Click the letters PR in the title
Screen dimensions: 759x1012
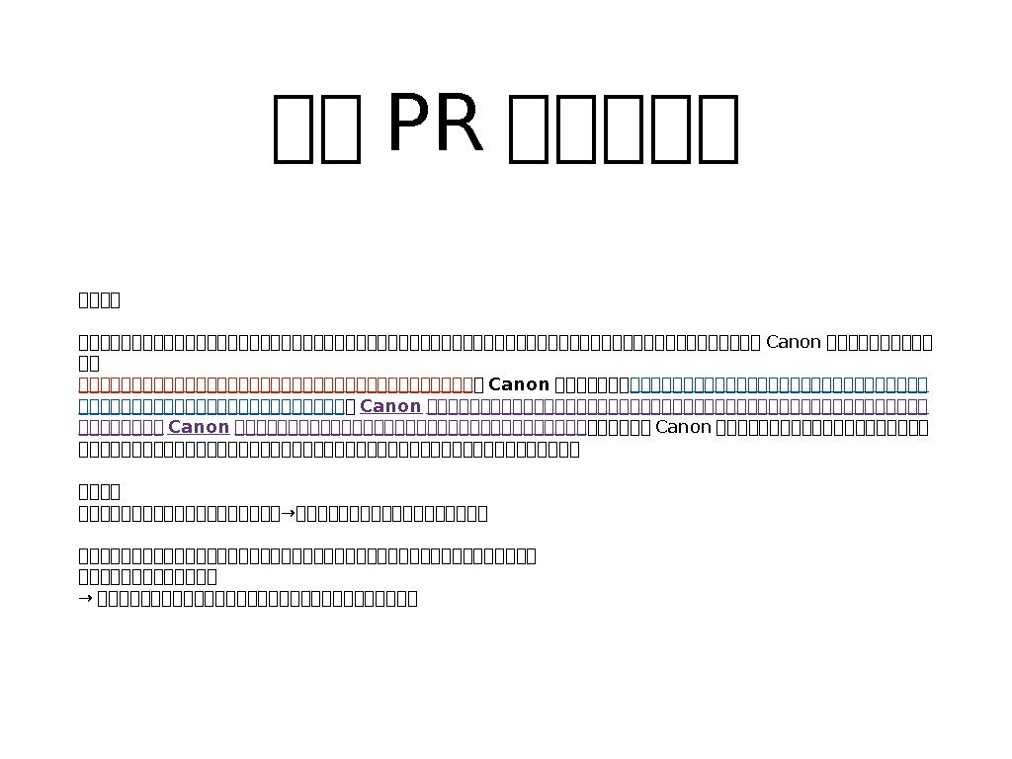[x=436, y=126]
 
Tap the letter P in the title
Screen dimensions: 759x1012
[x=410, y=126]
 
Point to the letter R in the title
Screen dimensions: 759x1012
[x=462, y=126]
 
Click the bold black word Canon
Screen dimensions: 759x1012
[x=520, y=384]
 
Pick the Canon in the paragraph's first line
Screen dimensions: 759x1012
[x=794, y=343]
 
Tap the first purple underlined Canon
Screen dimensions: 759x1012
[x=390, y=406]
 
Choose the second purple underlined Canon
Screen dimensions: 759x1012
[x=199, y=427]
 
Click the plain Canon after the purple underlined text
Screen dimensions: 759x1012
[x=684, y=427]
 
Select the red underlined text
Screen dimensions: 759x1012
[x=276, y=384]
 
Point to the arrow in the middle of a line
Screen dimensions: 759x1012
[x=288, y=513]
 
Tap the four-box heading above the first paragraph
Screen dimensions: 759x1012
[x=99, y=299]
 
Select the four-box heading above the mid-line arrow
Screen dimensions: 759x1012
[x=99, y=491]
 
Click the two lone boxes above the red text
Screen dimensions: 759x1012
[x=89, y=364]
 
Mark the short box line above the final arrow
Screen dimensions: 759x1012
[x=147, y=576]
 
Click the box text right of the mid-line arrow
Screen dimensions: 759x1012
[x=391, y=513]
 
